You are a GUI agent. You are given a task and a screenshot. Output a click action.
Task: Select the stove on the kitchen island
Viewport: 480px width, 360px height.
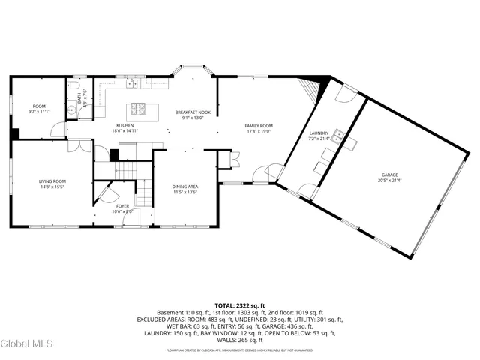(138, 107)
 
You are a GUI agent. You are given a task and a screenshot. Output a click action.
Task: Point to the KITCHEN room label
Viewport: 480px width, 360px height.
(124, 125)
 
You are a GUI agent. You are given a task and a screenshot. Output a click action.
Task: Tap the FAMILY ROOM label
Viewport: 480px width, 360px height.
(258, 126)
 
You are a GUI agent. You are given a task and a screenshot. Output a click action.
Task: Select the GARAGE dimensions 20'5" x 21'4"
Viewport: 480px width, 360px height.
(388, 181)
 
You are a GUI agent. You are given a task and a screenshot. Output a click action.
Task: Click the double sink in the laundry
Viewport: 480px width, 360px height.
(339, 136)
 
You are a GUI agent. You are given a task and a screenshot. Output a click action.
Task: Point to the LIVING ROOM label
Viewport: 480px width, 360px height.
(52, 181)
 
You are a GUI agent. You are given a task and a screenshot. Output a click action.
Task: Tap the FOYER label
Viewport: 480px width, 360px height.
(122, 206)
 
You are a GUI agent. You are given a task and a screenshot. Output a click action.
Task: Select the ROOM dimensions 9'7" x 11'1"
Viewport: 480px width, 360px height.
(38, 112)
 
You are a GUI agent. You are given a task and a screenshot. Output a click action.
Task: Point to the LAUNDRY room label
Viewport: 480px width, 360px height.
(319, 133)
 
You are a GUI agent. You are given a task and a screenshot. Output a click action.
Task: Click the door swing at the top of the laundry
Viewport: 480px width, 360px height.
(346, 94)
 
